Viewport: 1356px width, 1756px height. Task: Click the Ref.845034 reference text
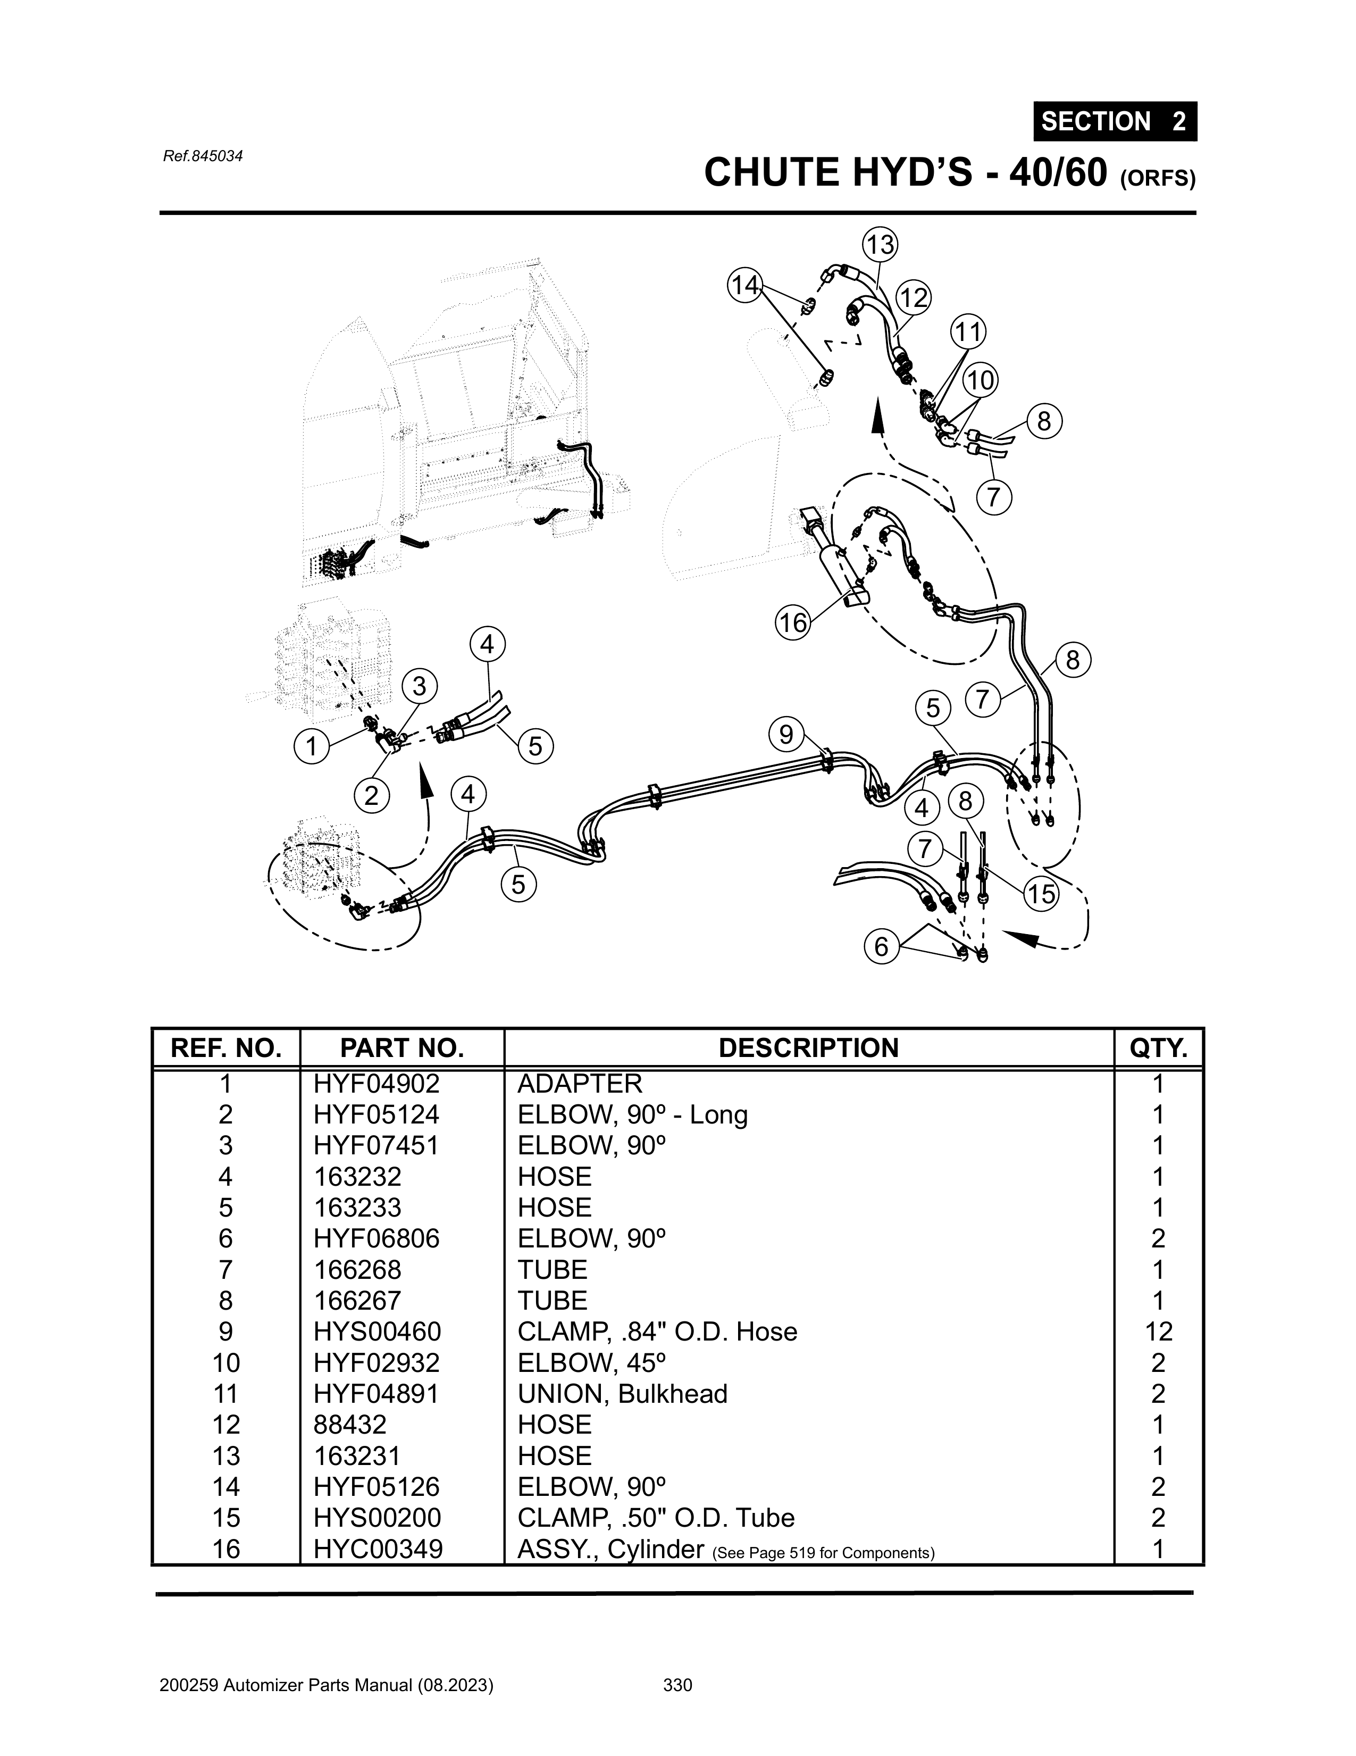click(203, 156)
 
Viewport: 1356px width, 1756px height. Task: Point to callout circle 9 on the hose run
click(785, 734)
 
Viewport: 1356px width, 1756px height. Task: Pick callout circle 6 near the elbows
click(881, 947)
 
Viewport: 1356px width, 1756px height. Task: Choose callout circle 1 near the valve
click(311, 747)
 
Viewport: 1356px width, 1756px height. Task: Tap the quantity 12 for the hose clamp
click(1158, 1331)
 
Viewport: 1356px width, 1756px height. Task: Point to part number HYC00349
click(378, 1549)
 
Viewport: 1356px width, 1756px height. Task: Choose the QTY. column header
click(1158, 1048)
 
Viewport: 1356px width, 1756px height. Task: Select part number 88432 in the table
click(350, 1425)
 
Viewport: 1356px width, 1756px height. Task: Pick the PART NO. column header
click(402, 1048)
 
